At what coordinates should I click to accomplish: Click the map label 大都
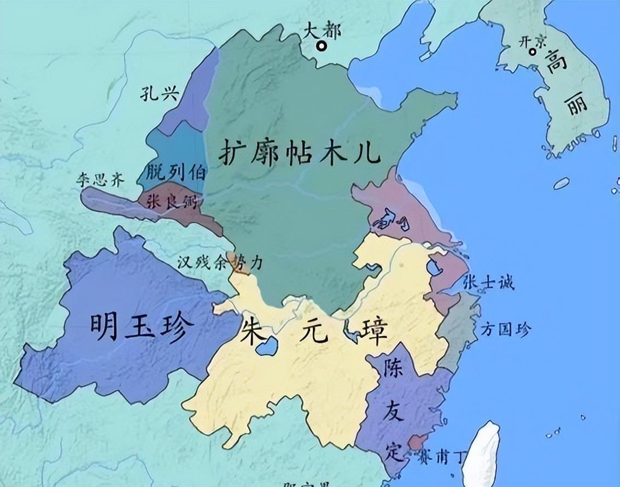point(322,31)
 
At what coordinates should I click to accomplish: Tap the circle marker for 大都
point(323,46)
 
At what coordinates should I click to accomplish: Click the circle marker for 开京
point(533,52)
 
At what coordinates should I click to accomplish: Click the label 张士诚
point(488,283)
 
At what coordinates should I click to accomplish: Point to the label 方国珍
point(505,329)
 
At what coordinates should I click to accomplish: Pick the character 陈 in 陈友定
point(394,371)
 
